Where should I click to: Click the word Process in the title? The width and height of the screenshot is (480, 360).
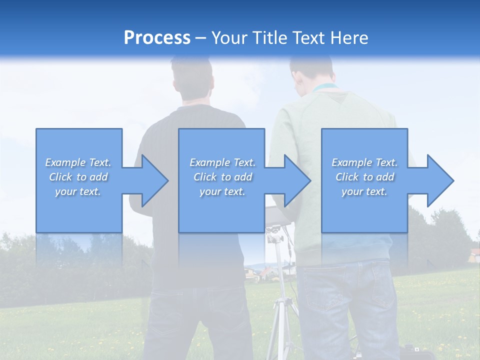[157, 37]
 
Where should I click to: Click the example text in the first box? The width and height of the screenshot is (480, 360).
[78, 177]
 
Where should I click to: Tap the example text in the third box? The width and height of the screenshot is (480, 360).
[364, 177]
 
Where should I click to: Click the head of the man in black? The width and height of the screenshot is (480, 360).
[193, 80]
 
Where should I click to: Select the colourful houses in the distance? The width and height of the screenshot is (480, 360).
[262, 273]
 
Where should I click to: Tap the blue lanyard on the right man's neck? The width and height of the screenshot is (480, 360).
[325, 88]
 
